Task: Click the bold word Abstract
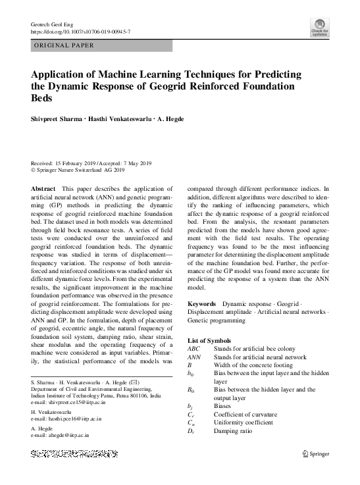pos(43,188)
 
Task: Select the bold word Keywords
pos(201,304)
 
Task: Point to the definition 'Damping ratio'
pos(233,431)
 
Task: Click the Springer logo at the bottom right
pos(315,454)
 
